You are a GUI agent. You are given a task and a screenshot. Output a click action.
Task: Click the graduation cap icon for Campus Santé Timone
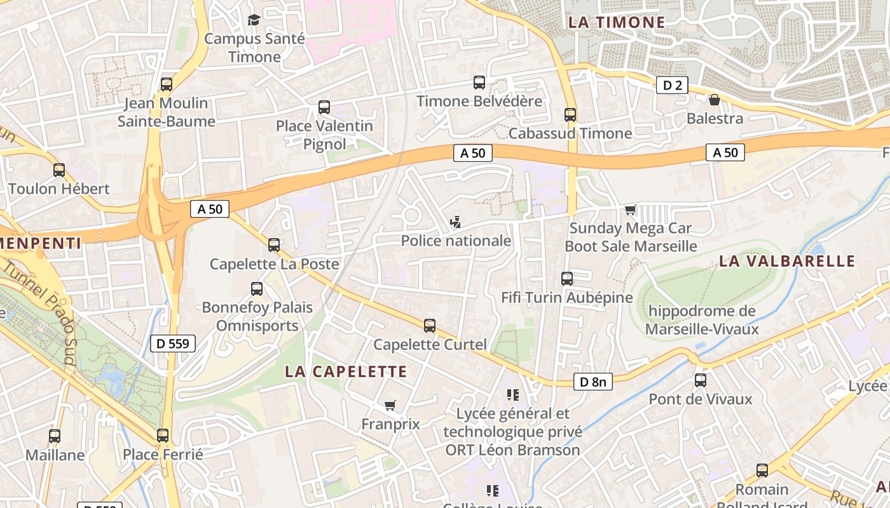click(x=254, y=20)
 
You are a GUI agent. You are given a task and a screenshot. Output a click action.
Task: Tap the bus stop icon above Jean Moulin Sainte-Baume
click(x=167, y=84)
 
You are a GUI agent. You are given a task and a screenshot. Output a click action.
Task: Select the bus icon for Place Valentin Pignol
click(x=324, y=107)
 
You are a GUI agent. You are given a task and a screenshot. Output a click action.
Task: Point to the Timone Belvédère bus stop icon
click(x=479, y=83)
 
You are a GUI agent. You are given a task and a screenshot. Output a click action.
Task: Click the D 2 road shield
click(x=672, y=85)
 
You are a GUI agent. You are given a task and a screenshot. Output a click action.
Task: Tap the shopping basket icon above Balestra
click(x=715, y=100)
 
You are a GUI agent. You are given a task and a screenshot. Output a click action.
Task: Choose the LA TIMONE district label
click(x=616, y=23)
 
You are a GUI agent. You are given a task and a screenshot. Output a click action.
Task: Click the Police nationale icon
click(x=455, y=222)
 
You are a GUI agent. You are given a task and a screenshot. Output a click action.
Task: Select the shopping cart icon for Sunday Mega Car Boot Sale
click(x=630, y=210)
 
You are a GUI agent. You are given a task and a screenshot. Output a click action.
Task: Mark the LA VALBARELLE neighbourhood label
click(x=787, y=261)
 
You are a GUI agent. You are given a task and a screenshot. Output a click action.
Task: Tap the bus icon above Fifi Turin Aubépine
click(x=566, y=279)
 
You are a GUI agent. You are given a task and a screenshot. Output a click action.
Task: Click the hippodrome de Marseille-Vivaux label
click(x=702, y=320)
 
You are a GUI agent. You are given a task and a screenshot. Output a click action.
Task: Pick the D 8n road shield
click(x=592, y=382)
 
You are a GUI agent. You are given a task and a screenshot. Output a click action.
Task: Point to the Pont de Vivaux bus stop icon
click(x=700, y=380)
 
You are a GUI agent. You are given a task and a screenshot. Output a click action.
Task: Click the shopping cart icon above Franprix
click(x=390, y=405)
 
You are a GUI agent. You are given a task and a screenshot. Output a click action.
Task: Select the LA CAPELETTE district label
click(x=346, y=371)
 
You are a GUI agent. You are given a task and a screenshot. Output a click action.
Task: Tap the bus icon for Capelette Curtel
click(x=430, y=326)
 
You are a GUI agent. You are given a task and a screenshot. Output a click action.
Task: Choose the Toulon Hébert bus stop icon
click(x=59, y=170)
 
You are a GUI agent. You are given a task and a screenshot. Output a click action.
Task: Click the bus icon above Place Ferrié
click(x=163, y=436)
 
